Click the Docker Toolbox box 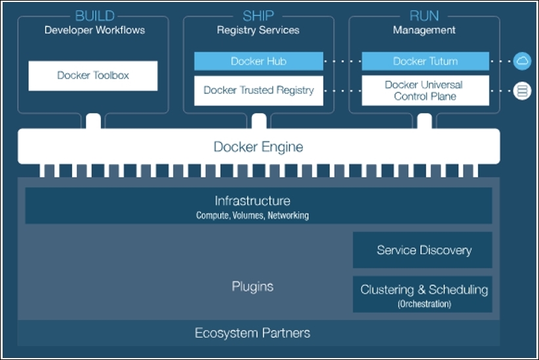[x=93, y=75]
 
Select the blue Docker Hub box [x=258, y=61]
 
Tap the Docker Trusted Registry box [x=258, y=90]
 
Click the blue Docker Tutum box [x=425, y=61]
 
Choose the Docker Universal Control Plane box [x=425, y=90]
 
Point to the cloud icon [x=522, y=61]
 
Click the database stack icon [x=522, y=91]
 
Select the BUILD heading [x=94, y=16]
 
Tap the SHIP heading [x=258, y=16]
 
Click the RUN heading [x=424, y=16]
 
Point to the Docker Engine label [x=258, y=146]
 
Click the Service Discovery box [x=424, y=250]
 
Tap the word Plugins [x=252, y=287]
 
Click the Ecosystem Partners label [x=252, y=333]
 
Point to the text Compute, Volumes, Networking [x=252, y=215]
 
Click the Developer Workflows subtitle [x=94, y=30]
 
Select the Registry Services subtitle [x=258, y=30]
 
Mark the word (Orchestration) [x=424, y=304]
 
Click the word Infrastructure [x=252, y=201]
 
